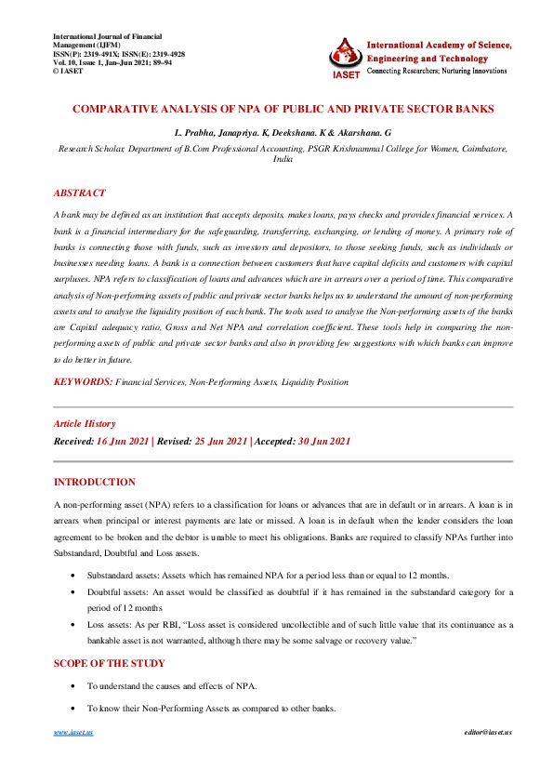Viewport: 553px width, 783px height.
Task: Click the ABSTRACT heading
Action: [x=80, y=192]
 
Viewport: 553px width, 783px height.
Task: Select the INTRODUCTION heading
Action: [x=95, y=482]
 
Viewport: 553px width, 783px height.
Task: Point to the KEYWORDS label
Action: [x=83, y=381]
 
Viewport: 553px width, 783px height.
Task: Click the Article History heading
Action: [x=85, y=423]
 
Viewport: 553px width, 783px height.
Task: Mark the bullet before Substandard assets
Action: [x=74, y=576]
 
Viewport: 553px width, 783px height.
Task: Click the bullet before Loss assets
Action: [x=74, y=626]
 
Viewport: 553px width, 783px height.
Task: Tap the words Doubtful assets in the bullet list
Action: [x=115, y=592]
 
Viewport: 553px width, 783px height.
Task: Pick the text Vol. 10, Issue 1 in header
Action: [x=82, y=62]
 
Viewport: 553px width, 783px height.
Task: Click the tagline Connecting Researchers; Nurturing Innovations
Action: [x=437, y=71]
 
